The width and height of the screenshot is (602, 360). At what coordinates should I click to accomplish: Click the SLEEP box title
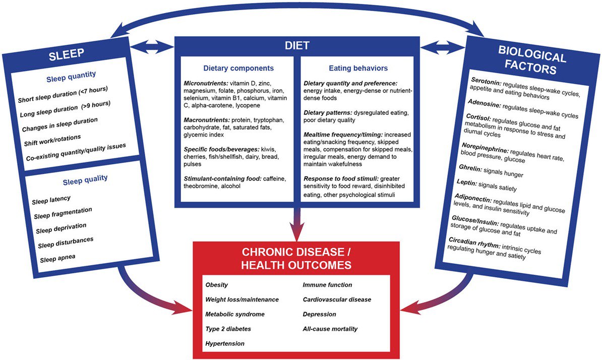pyautogui.click(x=67, y=54)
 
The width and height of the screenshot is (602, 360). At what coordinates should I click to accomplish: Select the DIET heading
pyautogui.click(x=297, y=46)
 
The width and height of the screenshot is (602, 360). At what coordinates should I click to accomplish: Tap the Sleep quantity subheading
pyautogui.click(x=71, y=76)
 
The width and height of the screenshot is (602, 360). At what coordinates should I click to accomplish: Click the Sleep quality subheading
pyautogui.click(x=85, y=179)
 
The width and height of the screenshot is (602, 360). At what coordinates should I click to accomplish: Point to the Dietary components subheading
pyautogui.click(x=238, y=68)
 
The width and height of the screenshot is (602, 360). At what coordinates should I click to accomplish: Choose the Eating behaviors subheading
pyautogui.click(x=358, y=68)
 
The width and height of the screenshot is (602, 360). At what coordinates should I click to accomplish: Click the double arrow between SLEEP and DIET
pyautogui.click(x=152, y=47)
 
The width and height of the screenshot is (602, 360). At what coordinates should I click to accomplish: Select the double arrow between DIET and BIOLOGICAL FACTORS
pyautogui.click(x=443, y=47)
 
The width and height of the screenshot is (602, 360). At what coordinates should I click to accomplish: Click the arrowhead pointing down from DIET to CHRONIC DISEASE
pyautogui.click(x=297, y=232)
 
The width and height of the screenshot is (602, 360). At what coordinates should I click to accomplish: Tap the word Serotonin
pyautogui.click(x=486, y=81)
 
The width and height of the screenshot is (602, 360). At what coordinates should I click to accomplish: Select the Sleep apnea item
pyautogui.click(x=57, y=258)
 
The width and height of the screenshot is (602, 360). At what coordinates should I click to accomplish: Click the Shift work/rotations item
pyautogui.click(x=52, y=141)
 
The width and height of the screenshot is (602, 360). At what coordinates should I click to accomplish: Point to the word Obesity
pyautogui.click(x=216, y=285)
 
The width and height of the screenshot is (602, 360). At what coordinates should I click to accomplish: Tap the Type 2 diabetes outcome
pyautogui.click(x=228, y=329)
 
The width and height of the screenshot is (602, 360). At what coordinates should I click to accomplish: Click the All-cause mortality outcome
pyautogui.click(x=330, y=329)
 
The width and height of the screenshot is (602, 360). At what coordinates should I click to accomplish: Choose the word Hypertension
pyautogui.click(x=224, y=343)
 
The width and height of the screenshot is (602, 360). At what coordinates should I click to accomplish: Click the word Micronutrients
pyautogui.click(x=206, y=83)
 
